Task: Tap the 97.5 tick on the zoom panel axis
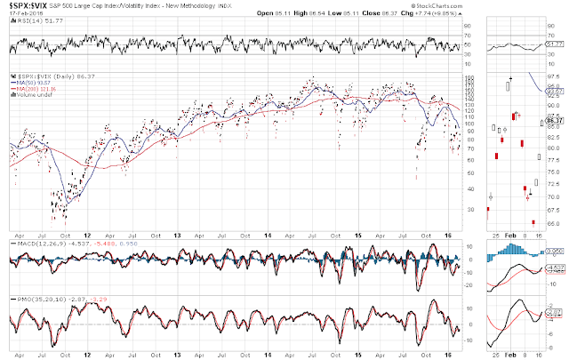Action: pyautogui.click(x=556, y=76)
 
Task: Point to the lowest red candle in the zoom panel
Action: pyautogui.click(x=533, y=222)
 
